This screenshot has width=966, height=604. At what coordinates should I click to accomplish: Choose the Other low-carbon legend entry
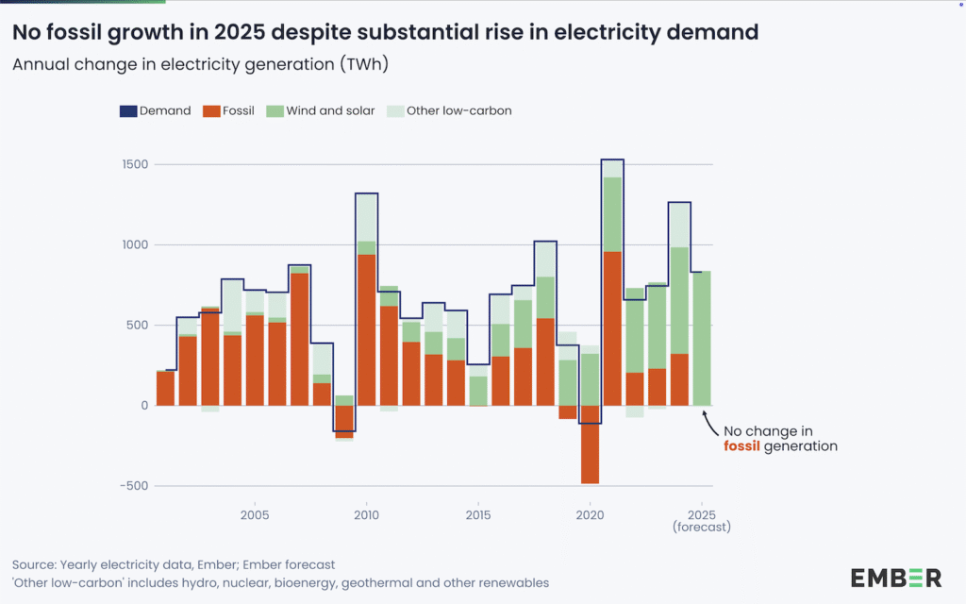pyautogui.click(x=452, y=110)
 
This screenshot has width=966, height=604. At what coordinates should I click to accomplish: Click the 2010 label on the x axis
pyautogui.click(x=366, y=515)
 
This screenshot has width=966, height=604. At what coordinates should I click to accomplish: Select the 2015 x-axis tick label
pyautogui.click(x=478, y=515)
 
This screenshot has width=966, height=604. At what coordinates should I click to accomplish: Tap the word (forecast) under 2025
pyautogui.click(x=702, y=528)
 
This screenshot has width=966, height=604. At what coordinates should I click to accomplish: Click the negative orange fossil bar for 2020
pyautogui.click(x=591, y=445)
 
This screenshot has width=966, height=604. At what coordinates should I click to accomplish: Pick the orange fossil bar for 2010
pyautogui.click(x=367, y=330)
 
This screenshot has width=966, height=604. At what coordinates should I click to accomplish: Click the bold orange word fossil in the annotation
pyautogui.click(x=742, y=445)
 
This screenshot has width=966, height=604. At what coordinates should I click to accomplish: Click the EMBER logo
pyautogui.click(x=895, y=578)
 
